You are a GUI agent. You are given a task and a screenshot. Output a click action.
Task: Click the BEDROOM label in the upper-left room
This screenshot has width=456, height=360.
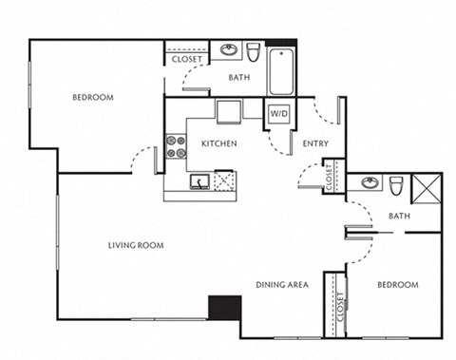pyautogui.click(x=93, y=98)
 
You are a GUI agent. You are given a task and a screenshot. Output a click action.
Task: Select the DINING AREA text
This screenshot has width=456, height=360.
pyautogui.click(x=281, y=284)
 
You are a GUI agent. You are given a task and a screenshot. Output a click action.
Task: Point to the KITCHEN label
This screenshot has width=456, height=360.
pyautogui.click(x=218, y=144)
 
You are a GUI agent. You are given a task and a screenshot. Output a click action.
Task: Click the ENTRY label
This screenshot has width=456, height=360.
pyautogui.click(x=315, y=144)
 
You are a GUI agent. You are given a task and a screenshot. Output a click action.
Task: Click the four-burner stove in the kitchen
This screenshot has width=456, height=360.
pyautogui.click(x=176, y=145)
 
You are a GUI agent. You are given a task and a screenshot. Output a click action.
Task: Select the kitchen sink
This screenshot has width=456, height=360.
pyautogui.click(x=199, y=180)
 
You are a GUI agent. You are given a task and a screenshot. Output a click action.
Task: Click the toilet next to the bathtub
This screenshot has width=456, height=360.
pyautogui.click(x=254, y=50)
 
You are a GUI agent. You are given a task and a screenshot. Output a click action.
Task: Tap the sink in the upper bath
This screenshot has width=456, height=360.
pyautogui.click(x=229, y=49)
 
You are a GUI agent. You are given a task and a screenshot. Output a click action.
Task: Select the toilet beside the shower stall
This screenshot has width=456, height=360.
pyautogui.click(x=398, y=183)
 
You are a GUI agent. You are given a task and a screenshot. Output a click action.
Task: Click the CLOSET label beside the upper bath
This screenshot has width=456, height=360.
pyautogui.click(x=185, y=60)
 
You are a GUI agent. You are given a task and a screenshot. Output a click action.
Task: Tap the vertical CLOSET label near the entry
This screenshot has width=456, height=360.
pyautogui.click(x=329, y=177)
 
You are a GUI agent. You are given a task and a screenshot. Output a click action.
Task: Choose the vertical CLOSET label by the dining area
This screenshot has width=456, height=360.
pyautogui.click(x=340, y=307)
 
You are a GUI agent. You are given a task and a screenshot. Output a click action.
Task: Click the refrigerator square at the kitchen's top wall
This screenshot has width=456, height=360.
pyautogui.click(x=229, y=111)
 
